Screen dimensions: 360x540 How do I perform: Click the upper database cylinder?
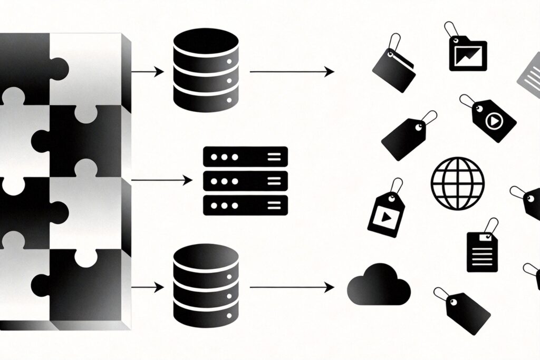(x=205, y=72)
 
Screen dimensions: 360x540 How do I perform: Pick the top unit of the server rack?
(x=245, y=157)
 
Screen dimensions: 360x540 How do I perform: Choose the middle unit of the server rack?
(x=245, y=181)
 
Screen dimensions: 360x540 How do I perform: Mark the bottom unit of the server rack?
(x=245, y=205)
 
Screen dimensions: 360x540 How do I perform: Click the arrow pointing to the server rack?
(x=161, y=180)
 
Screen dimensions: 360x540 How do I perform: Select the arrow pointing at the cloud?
(x=292, y=287)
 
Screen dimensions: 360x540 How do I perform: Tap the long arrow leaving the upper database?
(x=292, y=72)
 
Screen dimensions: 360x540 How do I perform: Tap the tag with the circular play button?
(x=490, y=121)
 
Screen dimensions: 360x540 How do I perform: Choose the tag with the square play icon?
(x=386, y=213)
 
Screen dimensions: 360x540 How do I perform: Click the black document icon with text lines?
(x=482, y=251)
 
